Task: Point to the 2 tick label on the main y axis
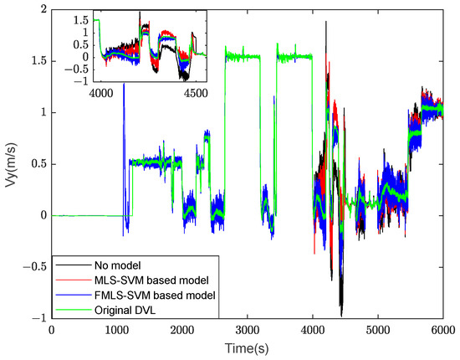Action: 41,9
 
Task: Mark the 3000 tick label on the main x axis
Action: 247,331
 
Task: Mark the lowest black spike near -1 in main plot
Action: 341,313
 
